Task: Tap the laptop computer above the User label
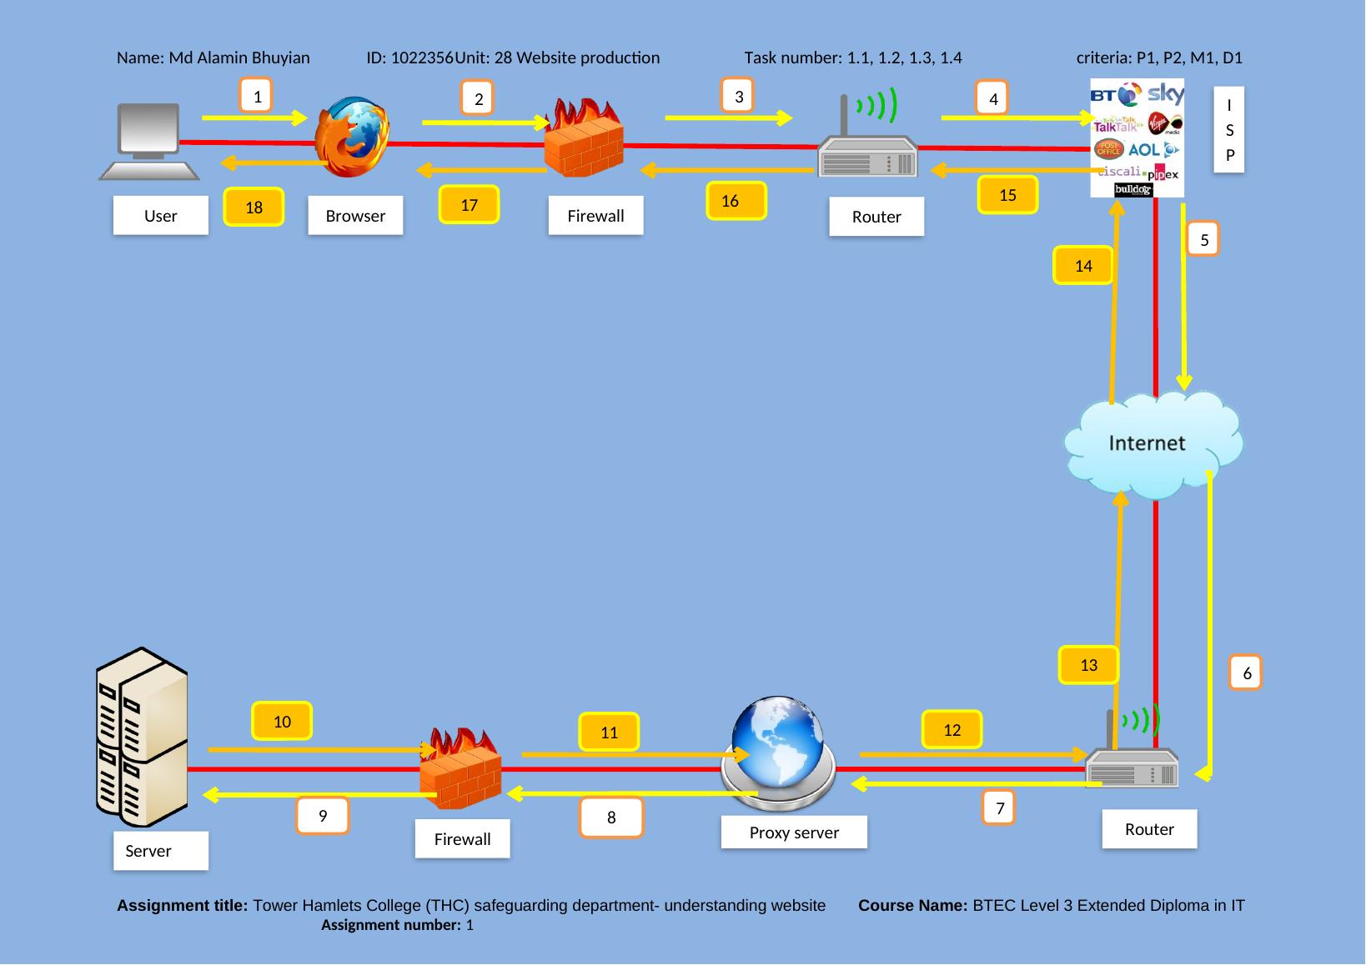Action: [x=149, y=141]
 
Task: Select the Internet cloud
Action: [x=1153, y=444]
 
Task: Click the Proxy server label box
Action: [x=794, y=832]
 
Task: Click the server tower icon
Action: [x=142, y=737]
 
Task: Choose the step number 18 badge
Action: [x=254, y=207]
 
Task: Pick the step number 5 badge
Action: [x=1204, y=240]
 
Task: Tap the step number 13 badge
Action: [x=1088, y=665]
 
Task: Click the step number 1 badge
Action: [x=258, y=97]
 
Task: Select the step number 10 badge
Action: [x=282, y=722]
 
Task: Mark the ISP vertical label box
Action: [x=1229, y=130]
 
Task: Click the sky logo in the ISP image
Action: [x=1165, y=94]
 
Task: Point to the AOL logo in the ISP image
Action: [x=1143, y=150]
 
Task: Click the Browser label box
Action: [x=355, y=216]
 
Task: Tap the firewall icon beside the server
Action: [x=461, y=768]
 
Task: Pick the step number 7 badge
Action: [x=1000, y=807]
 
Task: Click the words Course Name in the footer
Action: [x=912, y=906]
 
